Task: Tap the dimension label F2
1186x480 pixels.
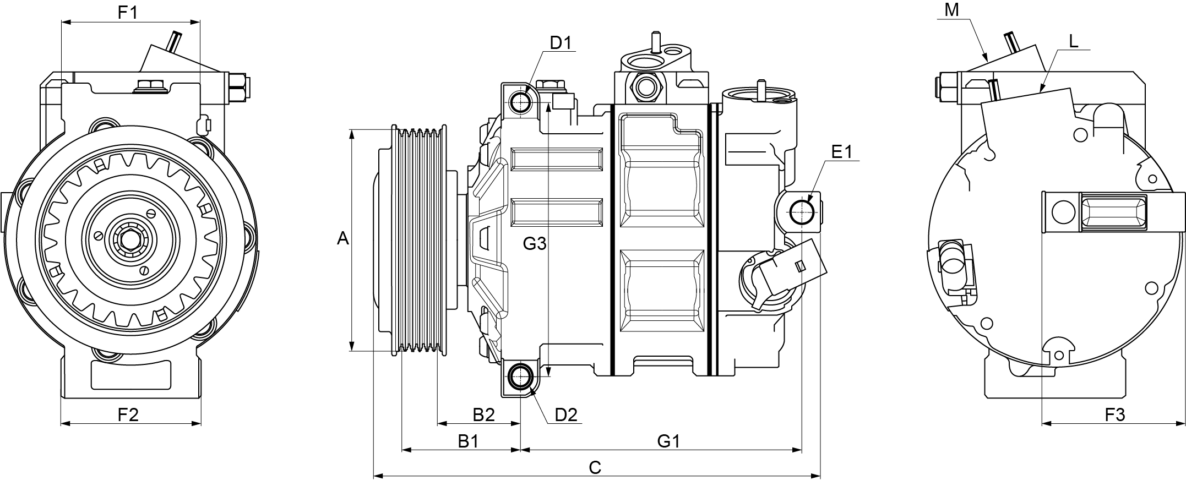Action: [x=128, y=414]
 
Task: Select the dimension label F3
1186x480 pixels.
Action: [x=1115, y=414]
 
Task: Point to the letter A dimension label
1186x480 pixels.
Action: [x=342, y=239]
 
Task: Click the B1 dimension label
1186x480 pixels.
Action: [x=469, y=441]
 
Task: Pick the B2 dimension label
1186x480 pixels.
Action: [x=484, y=414]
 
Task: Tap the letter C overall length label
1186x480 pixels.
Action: [x=595, y=467]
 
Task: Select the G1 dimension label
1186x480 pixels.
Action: [x=669, y=441]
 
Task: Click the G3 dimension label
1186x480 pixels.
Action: [x=534, y=243]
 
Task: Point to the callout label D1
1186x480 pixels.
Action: [x=561, y=42]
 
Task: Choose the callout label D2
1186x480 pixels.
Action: [x=566, y=414]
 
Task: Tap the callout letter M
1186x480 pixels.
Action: [x=951, y=9]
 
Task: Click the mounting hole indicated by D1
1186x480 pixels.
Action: [x=520, y=102]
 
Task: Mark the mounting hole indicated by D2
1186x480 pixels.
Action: [x=520, y=377]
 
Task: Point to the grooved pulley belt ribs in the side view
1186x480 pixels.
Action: [x=422, y=239]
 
